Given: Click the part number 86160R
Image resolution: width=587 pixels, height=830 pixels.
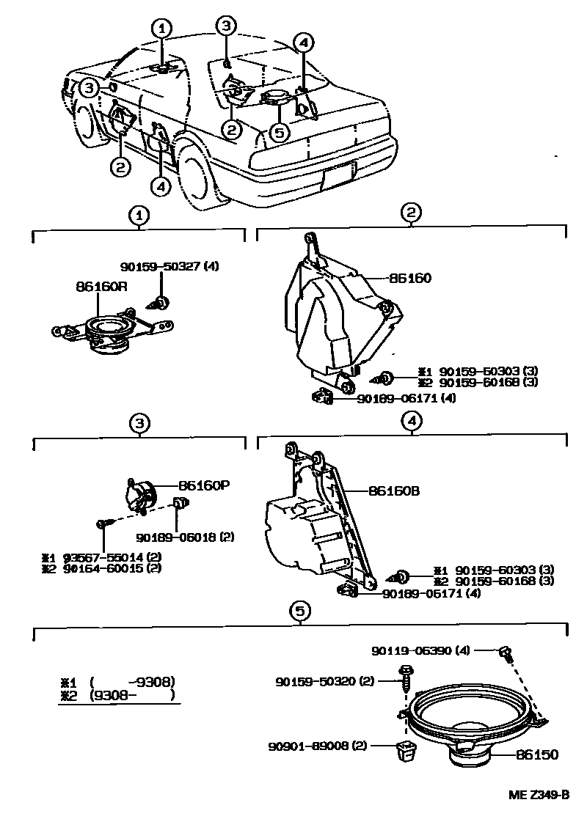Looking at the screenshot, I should [x=101, y=287].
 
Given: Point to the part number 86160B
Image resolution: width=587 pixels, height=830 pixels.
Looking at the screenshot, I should [x=393, y=491].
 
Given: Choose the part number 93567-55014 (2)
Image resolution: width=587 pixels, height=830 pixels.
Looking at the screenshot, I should [x=110, y=558].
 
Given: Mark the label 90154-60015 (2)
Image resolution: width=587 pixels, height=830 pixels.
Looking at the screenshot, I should [x=110, y=568].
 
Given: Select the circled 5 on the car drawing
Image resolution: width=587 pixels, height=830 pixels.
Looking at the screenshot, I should [x=278, y=133].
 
